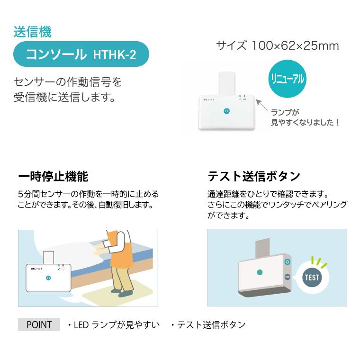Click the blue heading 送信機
(32, 32)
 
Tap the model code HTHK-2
(112, 55)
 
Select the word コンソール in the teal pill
(56, 55)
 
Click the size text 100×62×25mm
(296, 45)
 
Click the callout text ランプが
(285, 112)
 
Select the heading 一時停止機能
(53, 177)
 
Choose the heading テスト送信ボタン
(254, 177)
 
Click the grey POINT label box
(39, 324)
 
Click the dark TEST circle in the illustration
(312, 278)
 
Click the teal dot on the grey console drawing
(259, 272)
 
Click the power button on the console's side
(287, 261)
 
